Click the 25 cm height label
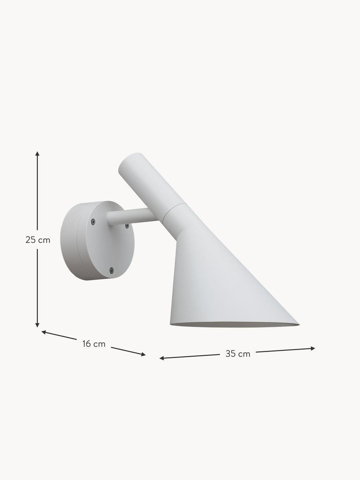[38, 240]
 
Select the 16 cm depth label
[94, 344]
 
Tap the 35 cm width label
[238, 354]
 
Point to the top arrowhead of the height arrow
[37, 153]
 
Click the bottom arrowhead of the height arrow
[37, 325]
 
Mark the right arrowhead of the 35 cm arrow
[313, 348]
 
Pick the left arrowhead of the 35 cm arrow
[162, 358]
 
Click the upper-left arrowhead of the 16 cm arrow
[44, 332]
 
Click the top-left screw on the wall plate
[93, 222]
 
